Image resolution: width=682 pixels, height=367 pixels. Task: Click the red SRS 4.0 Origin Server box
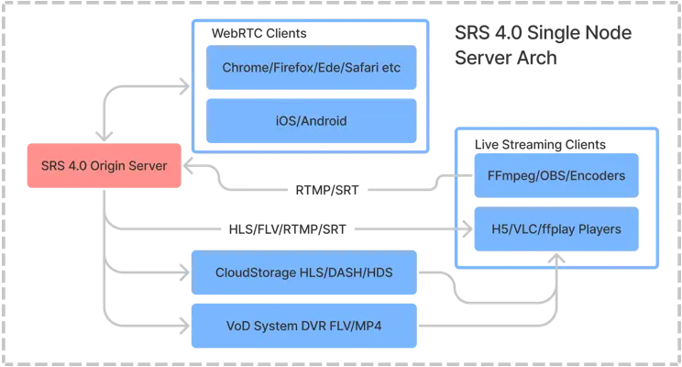tap(103, 166)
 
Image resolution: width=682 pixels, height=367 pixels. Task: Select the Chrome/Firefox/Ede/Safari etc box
tap(312, 68)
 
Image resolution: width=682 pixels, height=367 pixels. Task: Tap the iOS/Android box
tap(312, 120)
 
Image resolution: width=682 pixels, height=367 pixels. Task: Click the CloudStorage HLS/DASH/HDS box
tap(303, 272)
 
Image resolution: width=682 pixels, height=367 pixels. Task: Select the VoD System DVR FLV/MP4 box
tap(303, 325)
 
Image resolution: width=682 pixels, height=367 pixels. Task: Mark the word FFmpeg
tap(509, 176)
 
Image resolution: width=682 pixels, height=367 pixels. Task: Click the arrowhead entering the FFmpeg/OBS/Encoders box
tap(463, 176)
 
